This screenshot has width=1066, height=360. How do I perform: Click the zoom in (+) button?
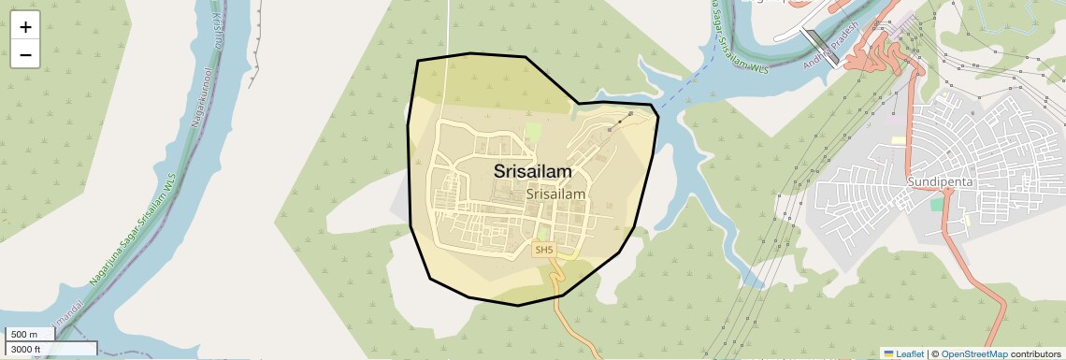coord(25,27)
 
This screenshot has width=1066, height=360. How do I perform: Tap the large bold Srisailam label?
coord(532,172)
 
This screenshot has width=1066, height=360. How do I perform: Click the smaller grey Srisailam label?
coord(555,194)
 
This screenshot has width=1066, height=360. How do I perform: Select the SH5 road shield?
coord(543,250)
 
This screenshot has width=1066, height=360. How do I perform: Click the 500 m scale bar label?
coord(23,335)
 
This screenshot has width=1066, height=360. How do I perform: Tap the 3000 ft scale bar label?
coord(25,350)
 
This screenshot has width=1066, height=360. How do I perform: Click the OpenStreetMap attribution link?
coord(974,354)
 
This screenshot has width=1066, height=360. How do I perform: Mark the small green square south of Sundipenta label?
coord(937,204)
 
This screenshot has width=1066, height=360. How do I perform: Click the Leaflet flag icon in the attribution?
coord(888,354)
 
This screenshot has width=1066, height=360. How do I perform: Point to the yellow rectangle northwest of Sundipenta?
coord(898,140)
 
